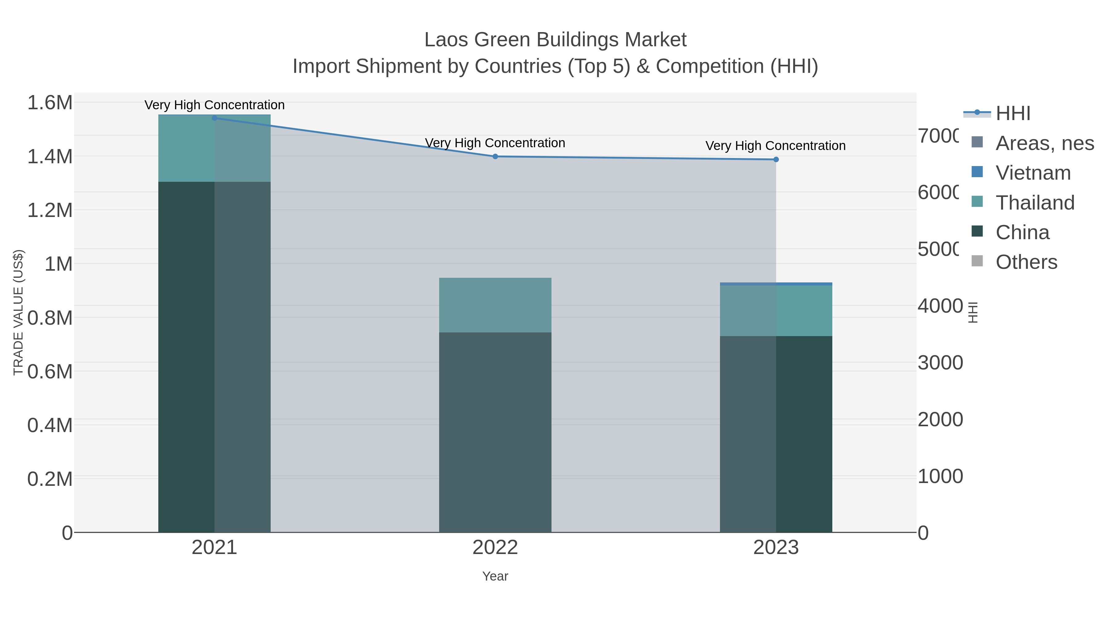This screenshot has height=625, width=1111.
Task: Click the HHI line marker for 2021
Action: (x=214, y=118)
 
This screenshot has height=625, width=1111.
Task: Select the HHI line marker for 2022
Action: (x=495, y=156)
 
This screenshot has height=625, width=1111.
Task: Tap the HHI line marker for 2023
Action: (x=776, y=160)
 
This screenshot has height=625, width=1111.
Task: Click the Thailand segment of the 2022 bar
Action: (x=495, y=305)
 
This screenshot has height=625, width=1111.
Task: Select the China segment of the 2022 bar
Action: (x=495, y=431)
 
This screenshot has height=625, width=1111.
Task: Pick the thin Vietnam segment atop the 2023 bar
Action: (x=776, y=284)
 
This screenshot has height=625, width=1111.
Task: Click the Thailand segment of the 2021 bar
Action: (x=214, y=148)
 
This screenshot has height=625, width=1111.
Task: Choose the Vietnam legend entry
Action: (x=1033, y=173)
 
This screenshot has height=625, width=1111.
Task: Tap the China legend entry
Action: (x=1022, y=232)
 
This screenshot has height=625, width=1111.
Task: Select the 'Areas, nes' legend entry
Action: (x=1044, y=143)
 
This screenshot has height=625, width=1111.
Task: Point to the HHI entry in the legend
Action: (x=1013, y=114)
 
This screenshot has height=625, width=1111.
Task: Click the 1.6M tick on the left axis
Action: (x=50, y=103)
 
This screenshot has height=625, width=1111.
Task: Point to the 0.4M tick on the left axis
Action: (x=50, y=425)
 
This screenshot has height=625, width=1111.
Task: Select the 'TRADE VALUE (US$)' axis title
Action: (x=18, y=312)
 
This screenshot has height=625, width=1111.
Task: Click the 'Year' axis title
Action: (x=495, y=576)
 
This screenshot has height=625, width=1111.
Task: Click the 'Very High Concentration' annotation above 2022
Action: (x=495, y=143)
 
